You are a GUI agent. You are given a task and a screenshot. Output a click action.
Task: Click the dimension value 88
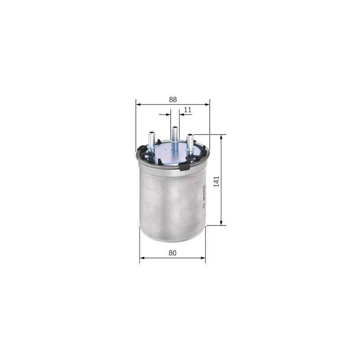(173, 99)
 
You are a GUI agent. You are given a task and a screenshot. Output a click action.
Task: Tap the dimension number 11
(188, 109)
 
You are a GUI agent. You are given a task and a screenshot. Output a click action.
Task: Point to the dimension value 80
(172, 253)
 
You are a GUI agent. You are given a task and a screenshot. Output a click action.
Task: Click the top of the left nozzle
(152, 133)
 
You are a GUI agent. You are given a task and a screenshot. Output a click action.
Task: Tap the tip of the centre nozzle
(175, 128)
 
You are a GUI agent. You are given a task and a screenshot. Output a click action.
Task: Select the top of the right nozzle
(190, 135)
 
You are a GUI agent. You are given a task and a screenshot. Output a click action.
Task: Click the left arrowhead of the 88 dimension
(138, 104)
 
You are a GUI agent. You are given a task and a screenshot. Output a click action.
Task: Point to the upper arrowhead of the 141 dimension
(221, 137)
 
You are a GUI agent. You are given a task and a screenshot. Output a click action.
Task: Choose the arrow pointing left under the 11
(182, 115)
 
